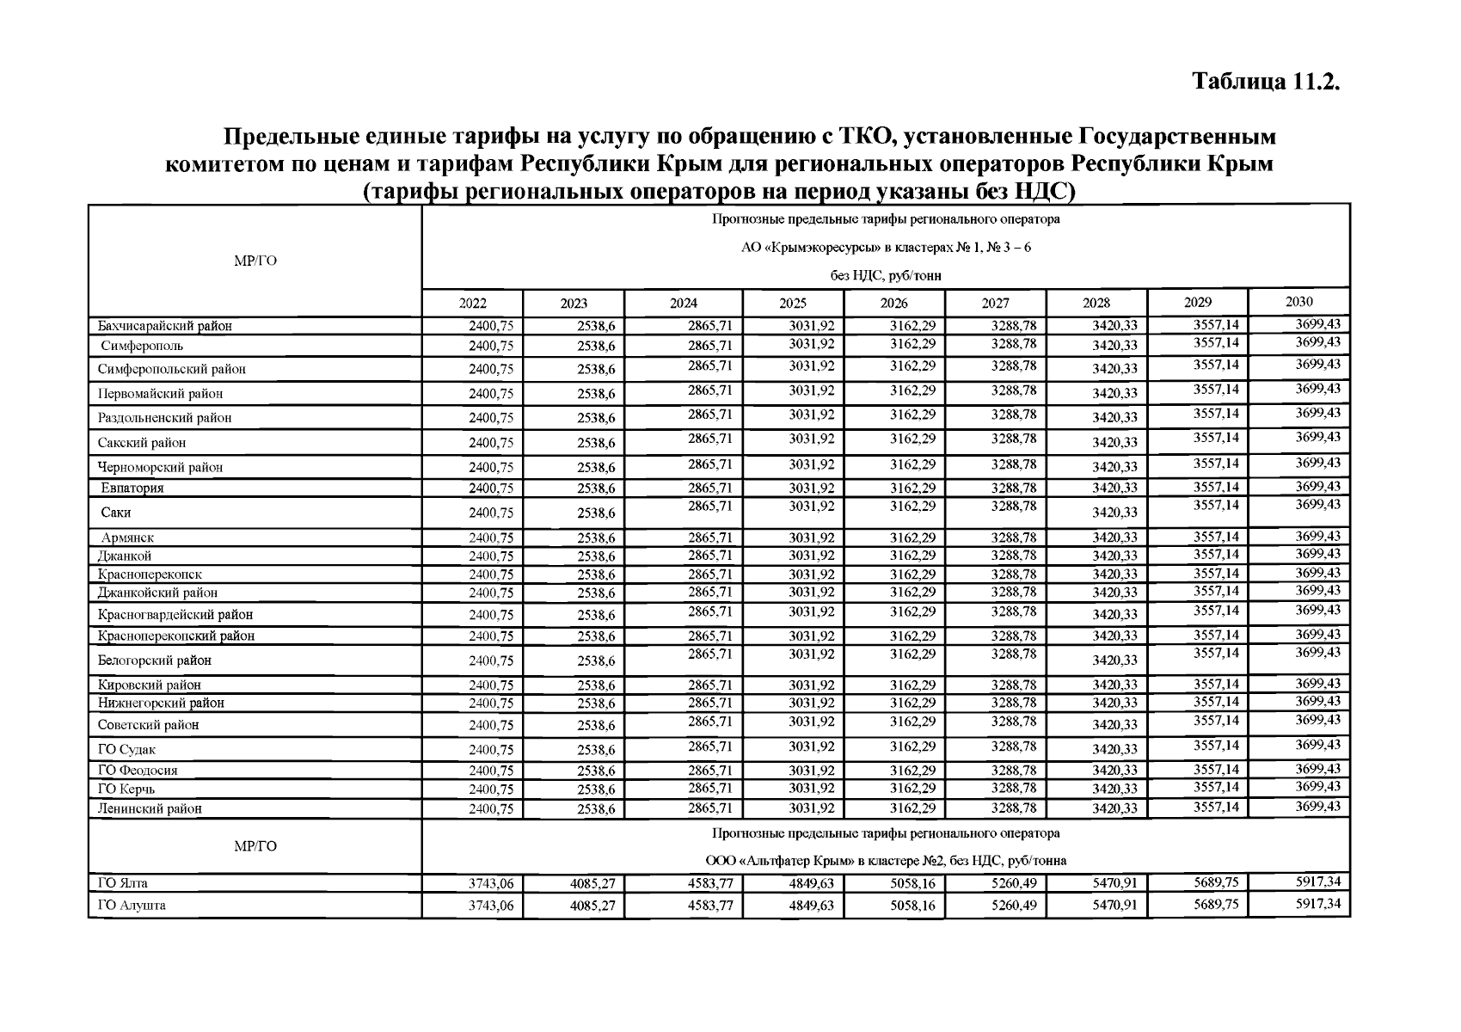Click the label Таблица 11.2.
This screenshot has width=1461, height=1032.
(1266, 82)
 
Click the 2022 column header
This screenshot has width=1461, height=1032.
(472, 303)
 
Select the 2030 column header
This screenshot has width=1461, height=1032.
(1298, 301)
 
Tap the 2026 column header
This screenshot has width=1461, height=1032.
(893, 303)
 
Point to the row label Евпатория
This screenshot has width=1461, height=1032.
(132, 488)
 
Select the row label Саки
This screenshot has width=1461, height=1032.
(116, 513)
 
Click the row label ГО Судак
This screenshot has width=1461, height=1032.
(126, 750)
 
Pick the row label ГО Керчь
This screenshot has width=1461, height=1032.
(126, 789)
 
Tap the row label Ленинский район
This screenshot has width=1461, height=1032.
(150, 809)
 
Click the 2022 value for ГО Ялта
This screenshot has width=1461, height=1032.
(490, 884)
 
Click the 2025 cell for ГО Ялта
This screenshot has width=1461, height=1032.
(811, 884)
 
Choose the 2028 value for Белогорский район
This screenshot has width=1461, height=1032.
(1114, 661)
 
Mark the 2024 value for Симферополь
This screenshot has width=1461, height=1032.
(709, 346)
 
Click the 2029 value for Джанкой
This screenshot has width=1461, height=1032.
(1216, 555)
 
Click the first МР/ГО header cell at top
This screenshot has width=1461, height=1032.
(255, 261)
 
